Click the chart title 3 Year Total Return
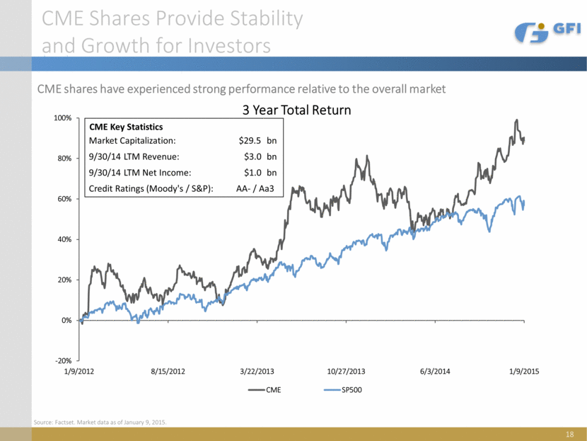pyautogui.click(x=297, y=111)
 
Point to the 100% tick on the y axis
pyautogui.click(x=62, y=118)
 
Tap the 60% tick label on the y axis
pyautogui.click(x=64, y=199)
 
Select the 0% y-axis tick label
pyautogui.click(x=66, y=321)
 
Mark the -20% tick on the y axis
pyautogui.click(x=63, y=361)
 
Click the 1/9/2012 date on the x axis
pyautogui.click(x=79, y=372)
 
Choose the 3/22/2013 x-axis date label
pyautogui.click(x=256, y=372)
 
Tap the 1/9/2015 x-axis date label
pyautogui.click(x=524, y=372)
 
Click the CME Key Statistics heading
pyautogui.click(x=126, y=127)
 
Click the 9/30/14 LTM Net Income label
pyautogui.click(x=140, y=172)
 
